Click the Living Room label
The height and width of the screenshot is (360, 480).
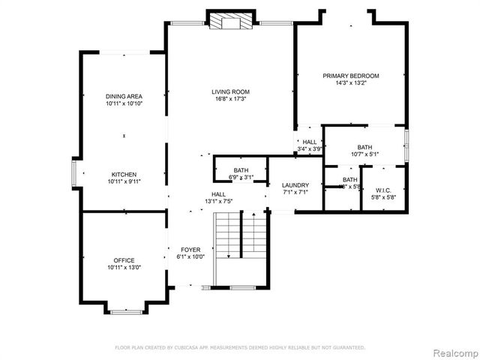pos(230,92)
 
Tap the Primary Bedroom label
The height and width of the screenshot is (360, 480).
pos(350,76)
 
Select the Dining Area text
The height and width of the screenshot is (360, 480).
pos(124,96)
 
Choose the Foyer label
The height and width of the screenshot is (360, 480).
pos(187,250)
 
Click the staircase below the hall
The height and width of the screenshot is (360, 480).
pos(241,247)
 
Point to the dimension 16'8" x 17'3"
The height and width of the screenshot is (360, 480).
pos(230,99)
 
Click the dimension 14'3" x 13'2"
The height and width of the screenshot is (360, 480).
pos(350,82)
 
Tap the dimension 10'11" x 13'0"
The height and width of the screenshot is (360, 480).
pos(124,268)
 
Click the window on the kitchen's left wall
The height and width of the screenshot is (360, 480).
pos(73,172)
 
